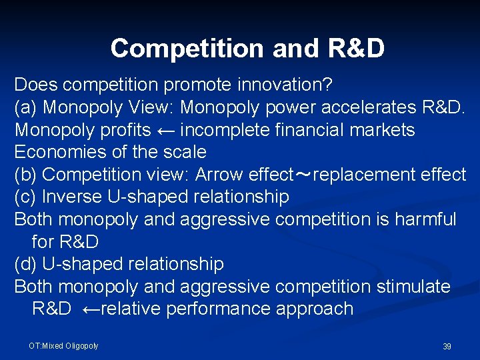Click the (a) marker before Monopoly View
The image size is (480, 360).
pyautogui.click(x=26, y=107)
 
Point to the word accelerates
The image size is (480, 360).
pyautogui.click(x=364, y=107)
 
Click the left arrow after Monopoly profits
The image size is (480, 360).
pyautogui.click(x=165, y=130)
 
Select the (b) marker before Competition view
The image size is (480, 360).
pyautogui.click(x=26, y=175)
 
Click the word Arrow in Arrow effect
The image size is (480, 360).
pyautogui.click(x=219, y=175)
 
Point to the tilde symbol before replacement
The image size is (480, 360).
pyautogui.click(x=303, y=175)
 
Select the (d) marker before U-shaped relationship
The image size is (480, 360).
pyautogui.click(x=26, y=264)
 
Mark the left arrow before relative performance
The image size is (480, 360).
pyautogui.click(x=90, y=309)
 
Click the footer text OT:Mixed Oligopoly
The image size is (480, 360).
pyautogui.click(x=63, y=345)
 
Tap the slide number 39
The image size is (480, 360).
pyautogui.click(x=447, y=347)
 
